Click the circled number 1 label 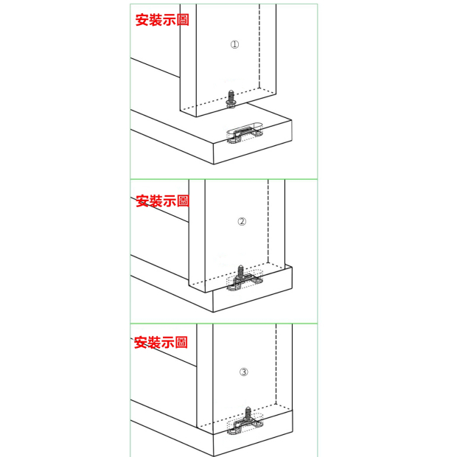pyautogui.click(x=234, y=44)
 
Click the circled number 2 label pyautogui.click(x=242, y=222)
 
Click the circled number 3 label pyautogui.click(x=244, y=372)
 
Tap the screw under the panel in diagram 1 pyautogui.click(x=231, y=99)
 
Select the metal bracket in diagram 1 pyautogui.click(x=245, y=135)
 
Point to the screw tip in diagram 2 pyautogui.click(x=240, y=266)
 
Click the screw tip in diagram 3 pyautogui.click(x=248, y=408)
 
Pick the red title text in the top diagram pyautogui.click(x=162, y=20)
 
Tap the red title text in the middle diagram pyautogui.click(x=163, y=201)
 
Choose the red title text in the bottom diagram pyautogui.click(x=161, y=342)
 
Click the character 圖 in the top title pyautogui.click(x=183, y=20)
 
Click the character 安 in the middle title pyautogui.click(x=142, y=201)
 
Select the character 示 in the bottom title pyautogui.click(x=167, y=342)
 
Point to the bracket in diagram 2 pyautogui.click(x=245, y=282)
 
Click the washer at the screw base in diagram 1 pyautogui.click(x=231, y=103)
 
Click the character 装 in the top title pyautogui.click(x=156, y=20)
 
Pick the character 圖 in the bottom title pyautogui.click(x=181, y=342)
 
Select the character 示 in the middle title pyautogui.click(x=170, y=201)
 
